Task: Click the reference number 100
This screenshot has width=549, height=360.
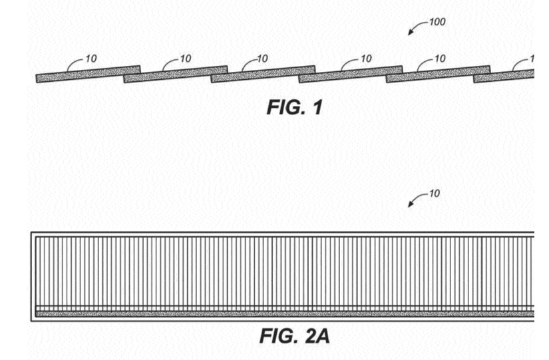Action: (437, 23)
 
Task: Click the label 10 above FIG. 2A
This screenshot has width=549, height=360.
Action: (434, 194)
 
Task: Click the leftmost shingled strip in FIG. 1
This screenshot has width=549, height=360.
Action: (88, 74)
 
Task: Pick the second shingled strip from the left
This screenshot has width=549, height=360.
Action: (176, 74)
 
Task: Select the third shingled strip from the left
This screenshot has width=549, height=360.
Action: (264, 74)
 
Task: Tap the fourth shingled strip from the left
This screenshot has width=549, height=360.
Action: (351, 74)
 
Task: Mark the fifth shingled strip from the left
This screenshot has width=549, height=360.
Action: (439, 74)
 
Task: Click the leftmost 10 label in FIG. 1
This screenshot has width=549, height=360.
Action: (91, 59)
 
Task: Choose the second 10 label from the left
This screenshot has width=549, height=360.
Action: (185, 59)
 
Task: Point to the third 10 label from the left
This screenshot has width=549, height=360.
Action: (263, 59)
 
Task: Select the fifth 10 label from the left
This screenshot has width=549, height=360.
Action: (440, 59)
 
